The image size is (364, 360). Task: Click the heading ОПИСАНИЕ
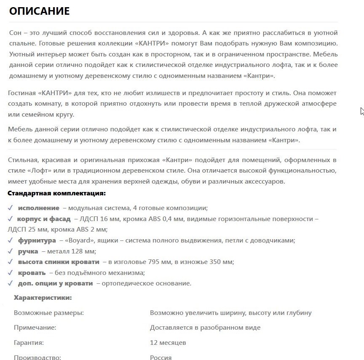[39, 11]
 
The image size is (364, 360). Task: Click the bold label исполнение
[38, 208]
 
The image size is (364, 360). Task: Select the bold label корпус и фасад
[43, 219]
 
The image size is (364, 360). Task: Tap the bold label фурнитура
[37, 240]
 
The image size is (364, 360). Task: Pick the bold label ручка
[28, 251]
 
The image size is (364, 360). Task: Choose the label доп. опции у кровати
[55, 283]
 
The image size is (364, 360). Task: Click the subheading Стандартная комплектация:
[56, 193]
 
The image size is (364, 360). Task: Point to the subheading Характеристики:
[43, 298]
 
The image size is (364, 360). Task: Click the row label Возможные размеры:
[49, 313]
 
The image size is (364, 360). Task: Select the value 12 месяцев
[168, 343]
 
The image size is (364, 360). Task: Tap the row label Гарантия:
[29, 343]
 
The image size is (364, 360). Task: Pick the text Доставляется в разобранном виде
[205, 328]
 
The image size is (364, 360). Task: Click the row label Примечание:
[35, 328]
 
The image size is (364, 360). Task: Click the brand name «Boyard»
[78, 240]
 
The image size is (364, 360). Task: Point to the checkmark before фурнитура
[11, 240]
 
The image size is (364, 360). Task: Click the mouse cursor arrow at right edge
[362, 111]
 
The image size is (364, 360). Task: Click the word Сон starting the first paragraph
[15, 33]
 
